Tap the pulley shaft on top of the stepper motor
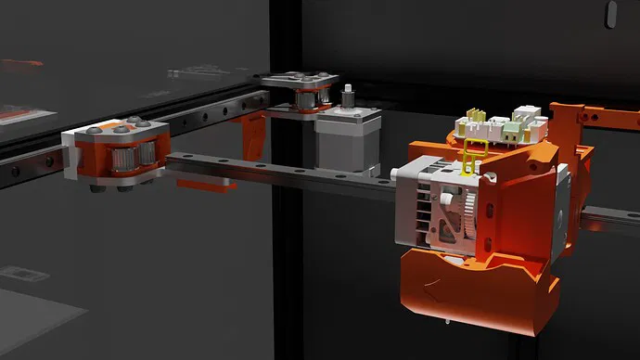[x=348, y=97]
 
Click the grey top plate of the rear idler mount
[x=295, y=81]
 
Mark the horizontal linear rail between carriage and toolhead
[x=278, y=171]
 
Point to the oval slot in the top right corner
[x=610, y=13]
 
